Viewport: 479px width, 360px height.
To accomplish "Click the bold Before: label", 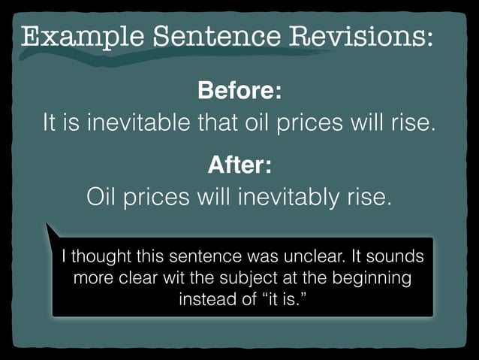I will [239, 92].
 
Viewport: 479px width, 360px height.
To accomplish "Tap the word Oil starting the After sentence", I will [104, 198].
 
